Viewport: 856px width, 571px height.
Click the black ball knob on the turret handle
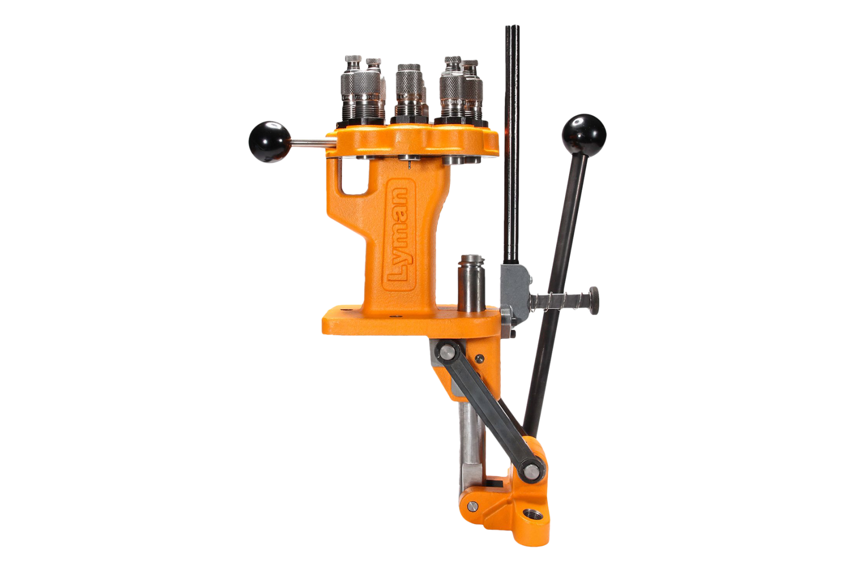click(x=270, y=142)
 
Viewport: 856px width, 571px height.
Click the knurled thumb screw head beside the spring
click(x=593, y=300)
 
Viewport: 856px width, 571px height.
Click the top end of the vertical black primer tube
click(x=512, y=27)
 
